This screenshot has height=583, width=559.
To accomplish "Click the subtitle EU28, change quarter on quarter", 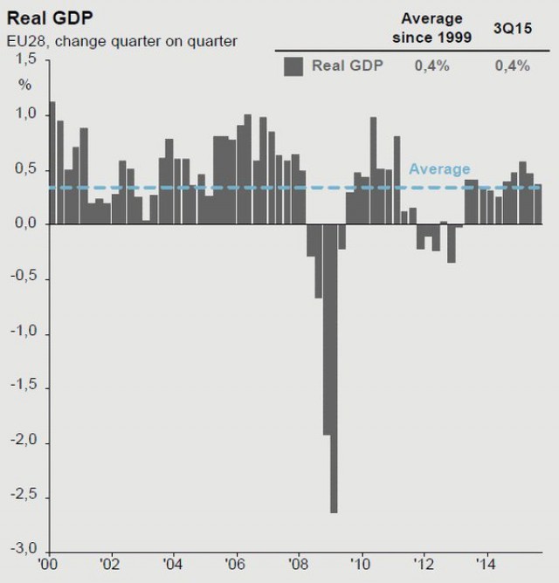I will click(123, 40).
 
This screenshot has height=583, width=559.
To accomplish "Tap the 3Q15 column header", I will click(512, 18).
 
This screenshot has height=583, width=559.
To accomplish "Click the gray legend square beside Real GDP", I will click(293, 66).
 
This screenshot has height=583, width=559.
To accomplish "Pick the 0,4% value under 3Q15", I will click(512, 65).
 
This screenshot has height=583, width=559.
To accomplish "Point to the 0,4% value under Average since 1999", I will click(431, 65).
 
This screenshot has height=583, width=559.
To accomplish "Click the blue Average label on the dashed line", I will click(439, 169).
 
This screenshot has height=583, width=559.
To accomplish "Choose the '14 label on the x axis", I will click(487, 564).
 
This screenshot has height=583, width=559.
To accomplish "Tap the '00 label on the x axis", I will click(48, 564).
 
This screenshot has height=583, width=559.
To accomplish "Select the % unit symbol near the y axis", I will click(26, 86).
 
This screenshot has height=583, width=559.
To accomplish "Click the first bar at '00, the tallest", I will click(52, 162).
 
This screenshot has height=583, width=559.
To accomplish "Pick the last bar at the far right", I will click(538, 204).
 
